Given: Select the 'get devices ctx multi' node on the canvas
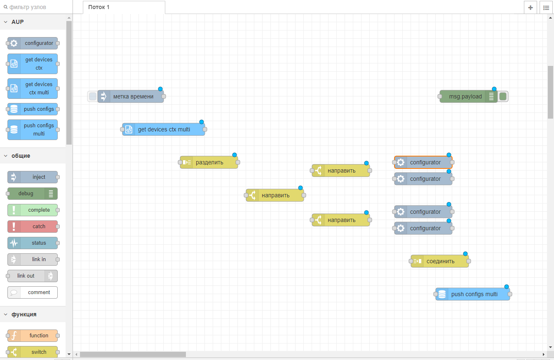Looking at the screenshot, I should pos(164,129).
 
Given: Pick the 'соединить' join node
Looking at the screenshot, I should pos(440,261).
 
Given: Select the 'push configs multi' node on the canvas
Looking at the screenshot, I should pos(474,294).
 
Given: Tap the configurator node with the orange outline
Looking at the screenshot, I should pos(425,162).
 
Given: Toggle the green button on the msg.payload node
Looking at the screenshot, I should pos(502,96).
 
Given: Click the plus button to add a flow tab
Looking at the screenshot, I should pos(530,7).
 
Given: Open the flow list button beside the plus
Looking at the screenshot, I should pos(546,7).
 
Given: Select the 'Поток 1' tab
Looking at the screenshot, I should pos(99,7).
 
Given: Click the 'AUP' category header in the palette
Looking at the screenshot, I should pos(17,22).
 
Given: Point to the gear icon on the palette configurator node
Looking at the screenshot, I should pos(14,43).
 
